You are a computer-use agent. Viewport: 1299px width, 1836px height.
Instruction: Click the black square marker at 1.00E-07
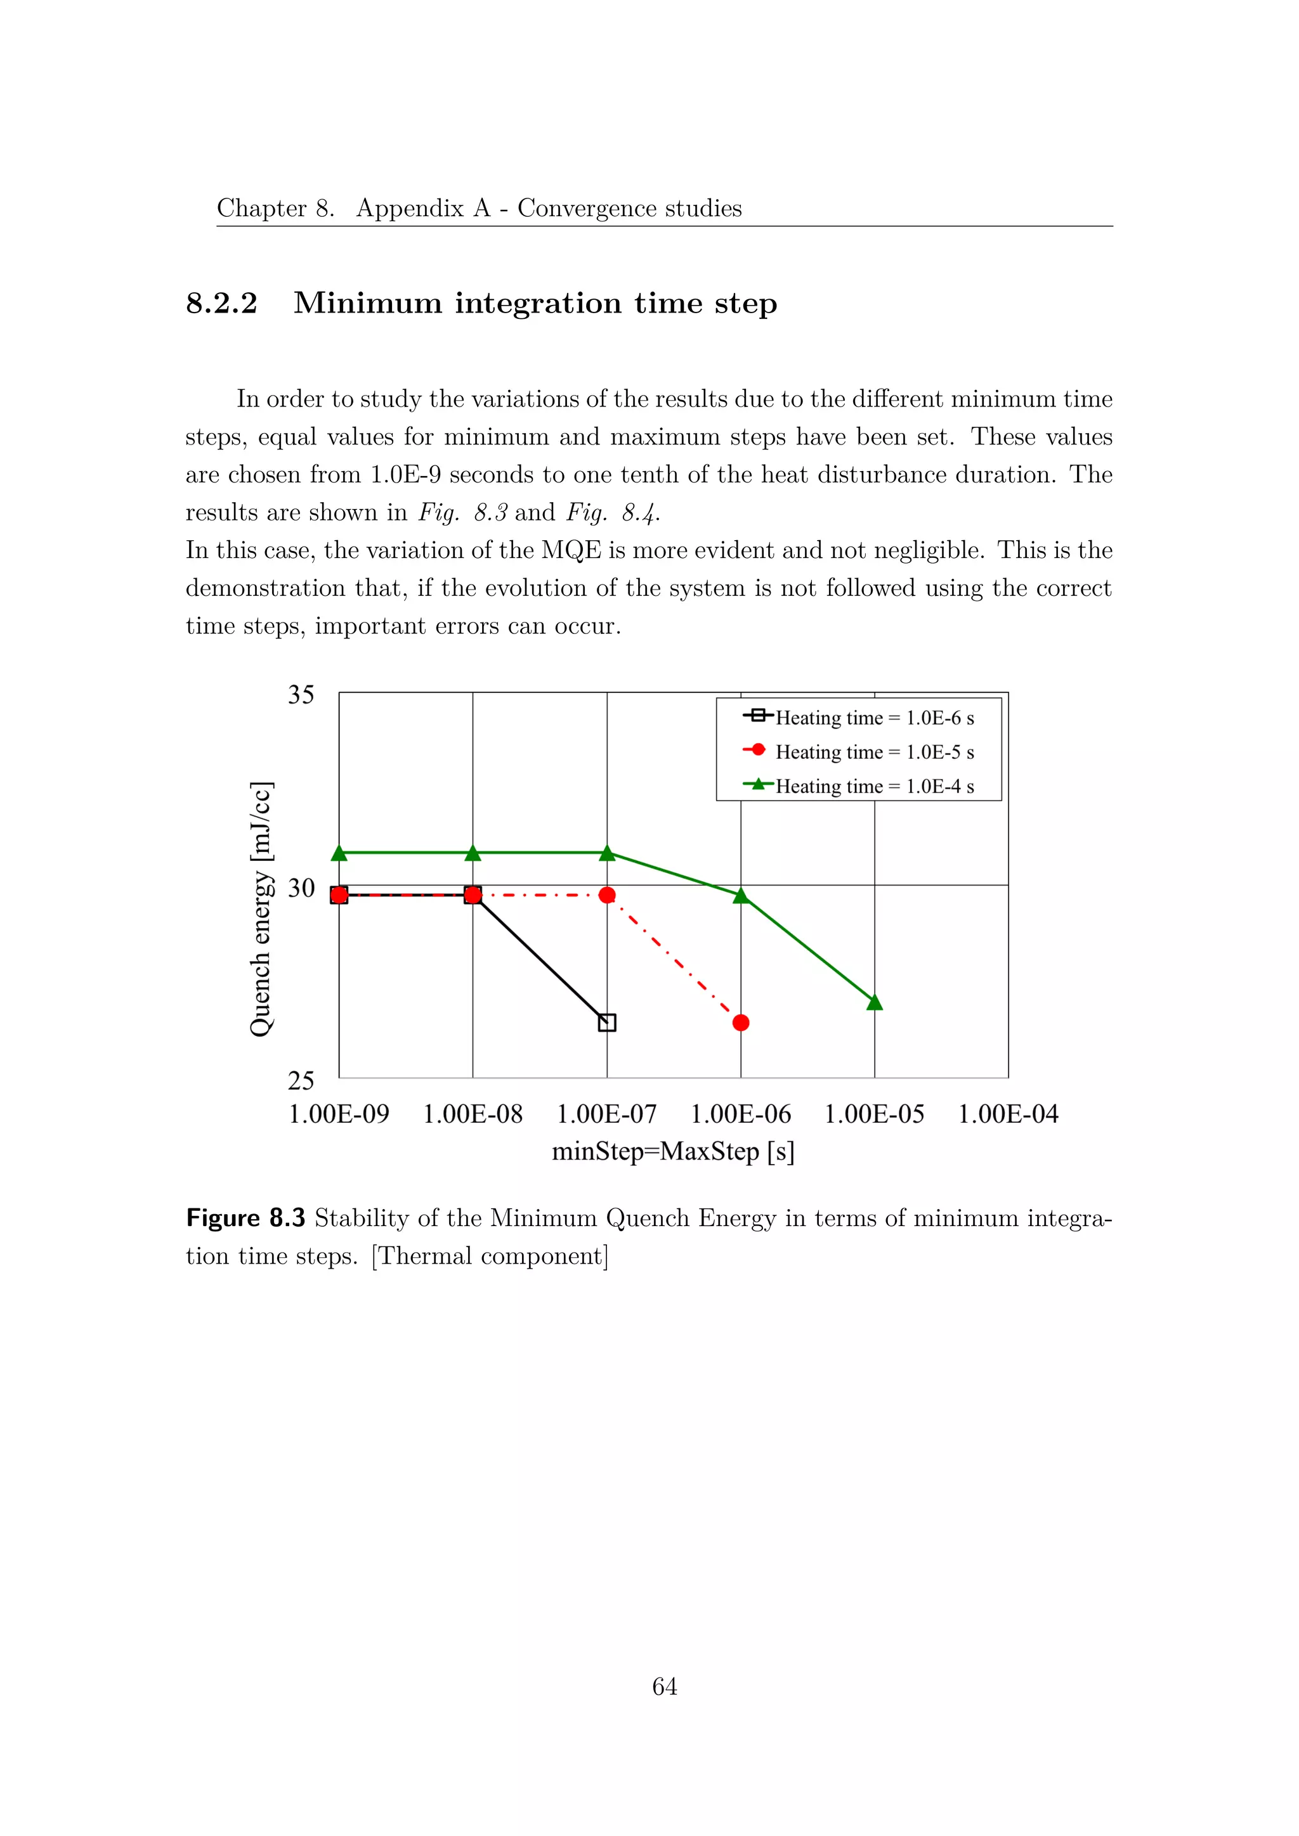(607, 1022)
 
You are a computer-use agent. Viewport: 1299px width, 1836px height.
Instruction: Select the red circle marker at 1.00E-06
(741, 1022)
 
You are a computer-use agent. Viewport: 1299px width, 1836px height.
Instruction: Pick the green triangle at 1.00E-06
(741, 896)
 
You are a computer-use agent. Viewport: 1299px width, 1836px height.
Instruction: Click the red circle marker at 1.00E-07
(607, 895)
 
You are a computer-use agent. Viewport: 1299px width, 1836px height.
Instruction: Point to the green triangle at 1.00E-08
(473, 853)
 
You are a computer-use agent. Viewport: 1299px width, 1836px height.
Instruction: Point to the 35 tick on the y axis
(301, 694)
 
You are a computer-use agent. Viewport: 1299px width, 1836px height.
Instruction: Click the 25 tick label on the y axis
(301, 1080)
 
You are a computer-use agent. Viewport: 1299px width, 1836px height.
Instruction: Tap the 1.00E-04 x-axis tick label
(1008, 1114)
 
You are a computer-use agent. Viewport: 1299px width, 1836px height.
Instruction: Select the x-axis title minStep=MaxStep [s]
(673, 1151)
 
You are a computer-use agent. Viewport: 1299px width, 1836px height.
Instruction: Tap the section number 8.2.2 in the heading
(221, 303)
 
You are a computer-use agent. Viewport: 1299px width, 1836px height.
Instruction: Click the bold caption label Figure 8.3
(245, 1218)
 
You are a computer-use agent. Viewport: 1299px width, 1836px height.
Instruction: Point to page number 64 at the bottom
(665, 1686)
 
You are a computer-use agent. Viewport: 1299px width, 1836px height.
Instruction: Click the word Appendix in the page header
(410, 208)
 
